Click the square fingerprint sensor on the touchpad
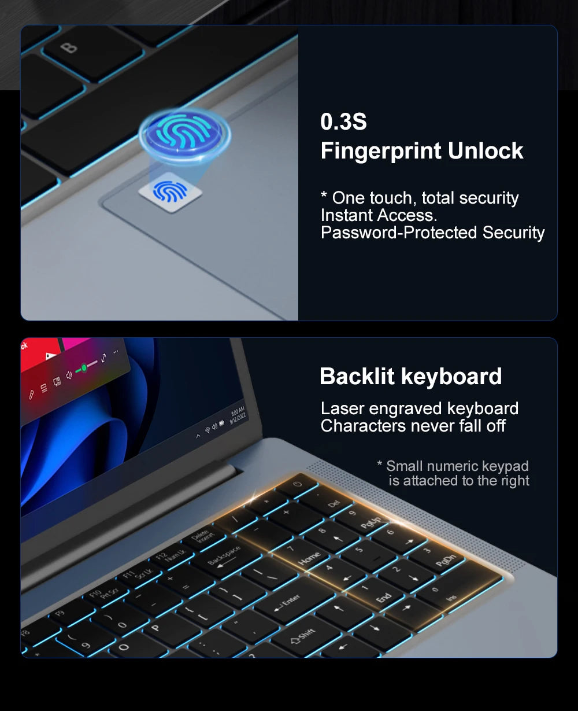click(171, 191)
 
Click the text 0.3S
click(343, 122)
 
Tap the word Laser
click(343, 408)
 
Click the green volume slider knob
click(84, 367)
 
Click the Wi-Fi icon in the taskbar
click(208, 430)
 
